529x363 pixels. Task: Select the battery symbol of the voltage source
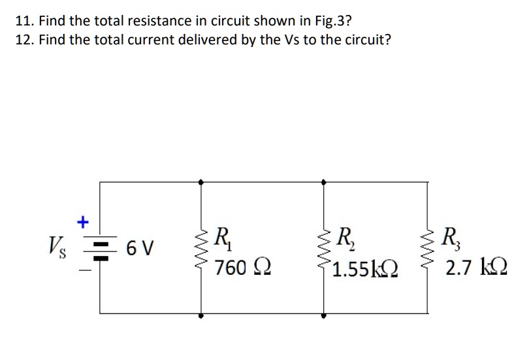[100, 249]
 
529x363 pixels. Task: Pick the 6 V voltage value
[140, 249]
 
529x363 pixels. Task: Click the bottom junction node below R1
[200, 315]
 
